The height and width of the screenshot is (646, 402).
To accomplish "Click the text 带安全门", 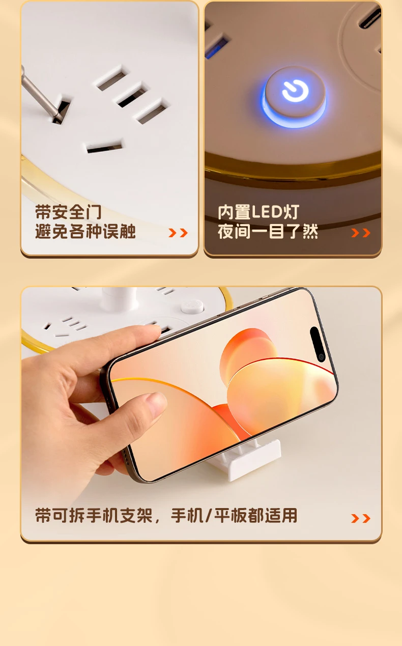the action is click(68, 212).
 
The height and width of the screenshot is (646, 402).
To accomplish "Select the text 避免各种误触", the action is click(85, 231).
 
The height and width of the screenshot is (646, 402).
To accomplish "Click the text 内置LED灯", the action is click(259, 212).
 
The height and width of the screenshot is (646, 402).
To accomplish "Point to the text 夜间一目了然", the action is click(268, 231).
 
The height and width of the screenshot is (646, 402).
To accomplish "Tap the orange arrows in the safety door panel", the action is click(178, 233).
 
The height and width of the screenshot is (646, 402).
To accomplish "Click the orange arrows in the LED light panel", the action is click(361, 233).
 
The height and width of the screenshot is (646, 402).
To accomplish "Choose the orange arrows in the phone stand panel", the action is click(361, 518).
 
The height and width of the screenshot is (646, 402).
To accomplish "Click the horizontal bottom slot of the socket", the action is click(104, 147).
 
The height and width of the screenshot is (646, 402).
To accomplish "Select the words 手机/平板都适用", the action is click(234, 515).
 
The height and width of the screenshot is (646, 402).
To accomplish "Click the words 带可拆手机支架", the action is click(94, 515).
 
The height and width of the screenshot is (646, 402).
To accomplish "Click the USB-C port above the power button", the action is click(370, 18).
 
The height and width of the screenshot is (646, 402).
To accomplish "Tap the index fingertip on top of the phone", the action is click(152, 331).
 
